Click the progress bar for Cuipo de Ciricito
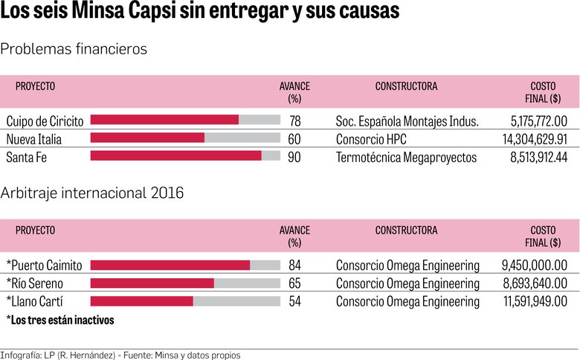185,120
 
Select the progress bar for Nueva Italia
185,138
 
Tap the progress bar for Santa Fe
185,155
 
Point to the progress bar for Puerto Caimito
185,265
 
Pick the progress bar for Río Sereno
185,283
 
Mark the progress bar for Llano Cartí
185,301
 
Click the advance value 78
294,120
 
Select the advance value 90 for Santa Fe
294,156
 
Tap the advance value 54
294,301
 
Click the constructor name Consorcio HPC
371,138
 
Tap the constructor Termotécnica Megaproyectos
406,156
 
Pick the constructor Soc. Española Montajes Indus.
407,120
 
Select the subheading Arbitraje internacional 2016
92,193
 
